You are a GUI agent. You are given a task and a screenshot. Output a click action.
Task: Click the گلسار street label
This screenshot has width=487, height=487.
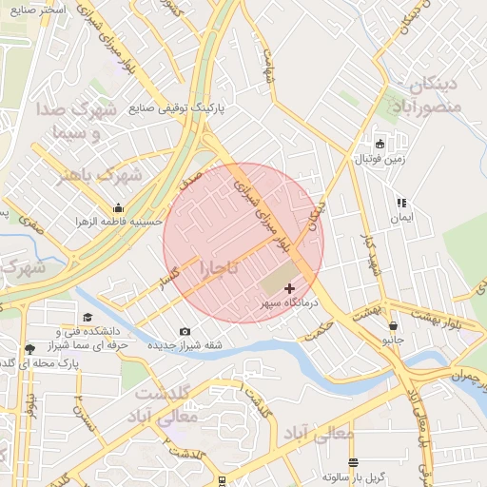(172, 277)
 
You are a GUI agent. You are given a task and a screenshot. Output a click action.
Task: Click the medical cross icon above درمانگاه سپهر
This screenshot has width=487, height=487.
(290, 287)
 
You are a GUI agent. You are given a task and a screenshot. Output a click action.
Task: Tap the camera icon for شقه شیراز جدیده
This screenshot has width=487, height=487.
(185, 331)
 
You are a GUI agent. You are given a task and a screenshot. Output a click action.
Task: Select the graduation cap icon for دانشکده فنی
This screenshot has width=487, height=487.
(88, 318)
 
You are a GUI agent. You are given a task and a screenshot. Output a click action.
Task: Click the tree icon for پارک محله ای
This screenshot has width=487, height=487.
(29, 349)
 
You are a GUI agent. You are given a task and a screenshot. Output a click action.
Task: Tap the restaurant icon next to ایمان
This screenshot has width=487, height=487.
(401, 203)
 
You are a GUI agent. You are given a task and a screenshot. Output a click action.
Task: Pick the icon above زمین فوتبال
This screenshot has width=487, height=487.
(380, 145)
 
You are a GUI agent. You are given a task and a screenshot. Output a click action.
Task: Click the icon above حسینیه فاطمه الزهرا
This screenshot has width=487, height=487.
(118, 207)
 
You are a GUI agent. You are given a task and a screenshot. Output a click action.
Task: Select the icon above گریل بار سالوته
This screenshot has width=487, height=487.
(354, 462)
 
